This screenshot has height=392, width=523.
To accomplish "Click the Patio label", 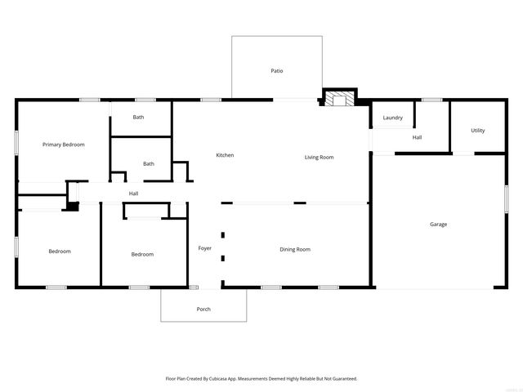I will [277, 71].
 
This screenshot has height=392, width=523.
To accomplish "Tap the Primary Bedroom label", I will [64, 145].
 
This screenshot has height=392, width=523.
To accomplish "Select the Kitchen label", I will [225, 155].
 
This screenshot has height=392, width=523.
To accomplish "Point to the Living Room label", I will [319, 157].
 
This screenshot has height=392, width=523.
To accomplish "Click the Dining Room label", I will [295, 249].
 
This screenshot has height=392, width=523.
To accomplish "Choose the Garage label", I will [439, 224].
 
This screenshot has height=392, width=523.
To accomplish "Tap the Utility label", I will [478, 131].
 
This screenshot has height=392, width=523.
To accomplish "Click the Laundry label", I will [392, 118].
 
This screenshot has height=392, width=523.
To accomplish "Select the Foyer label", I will [204, 248].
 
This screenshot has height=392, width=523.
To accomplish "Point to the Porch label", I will [203, 309].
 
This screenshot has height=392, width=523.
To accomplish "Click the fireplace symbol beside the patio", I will [338, 100].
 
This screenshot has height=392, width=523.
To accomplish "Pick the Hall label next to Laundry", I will [417, 137].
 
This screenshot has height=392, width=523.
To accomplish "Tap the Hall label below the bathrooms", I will [133, 194].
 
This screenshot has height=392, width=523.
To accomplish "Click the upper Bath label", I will [139, 117].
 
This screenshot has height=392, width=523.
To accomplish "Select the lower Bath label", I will [149, 163].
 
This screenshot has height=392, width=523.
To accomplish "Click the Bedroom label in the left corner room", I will [59, 252].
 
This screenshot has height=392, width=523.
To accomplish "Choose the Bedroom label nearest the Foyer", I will [142, 254].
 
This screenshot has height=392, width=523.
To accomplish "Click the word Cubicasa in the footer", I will [230, 379].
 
